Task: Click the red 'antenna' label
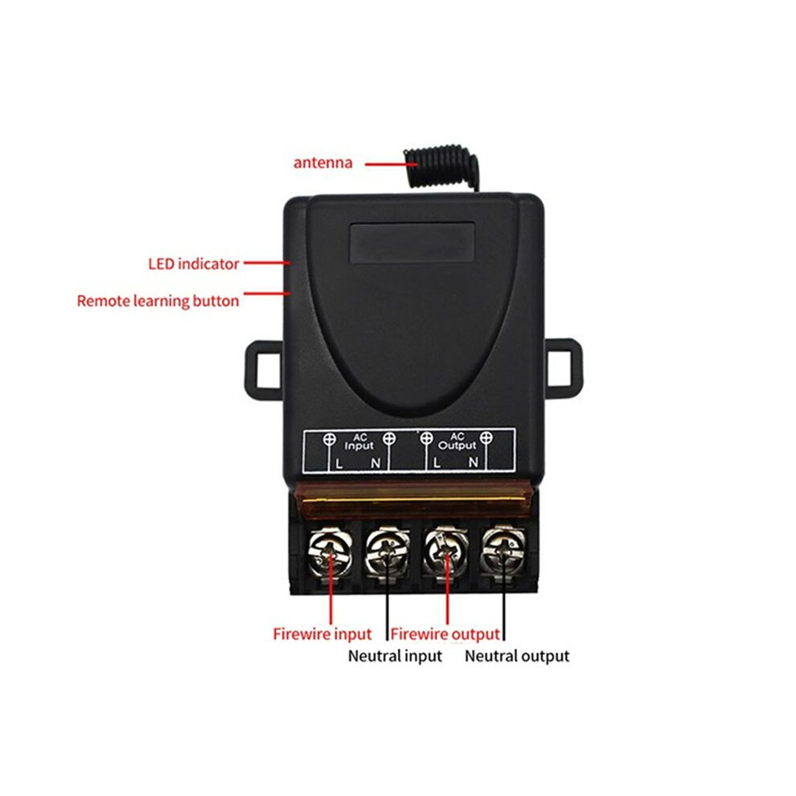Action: click(323, 162)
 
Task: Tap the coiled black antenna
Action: click(441, 167)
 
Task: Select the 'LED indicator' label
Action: click(194, 264)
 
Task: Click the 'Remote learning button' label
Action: click(158, 301)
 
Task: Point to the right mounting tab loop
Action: click(576, 363)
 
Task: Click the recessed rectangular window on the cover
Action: click(412, 243)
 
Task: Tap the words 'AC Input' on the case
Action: click(359, 441)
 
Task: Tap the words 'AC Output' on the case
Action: click(457, 441)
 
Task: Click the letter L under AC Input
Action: click(339, 463)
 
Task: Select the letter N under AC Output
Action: click(473, 462)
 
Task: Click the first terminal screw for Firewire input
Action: click(330, 552)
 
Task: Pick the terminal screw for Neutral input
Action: click(388, 553)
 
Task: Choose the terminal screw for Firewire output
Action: click(445, 552)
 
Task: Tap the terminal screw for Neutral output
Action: click(503, 552)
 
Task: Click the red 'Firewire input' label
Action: click(322, 634)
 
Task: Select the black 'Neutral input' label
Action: click(395, 656)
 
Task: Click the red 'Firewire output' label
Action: click(445, 634)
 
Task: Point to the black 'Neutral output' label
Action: click(517, 656)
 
